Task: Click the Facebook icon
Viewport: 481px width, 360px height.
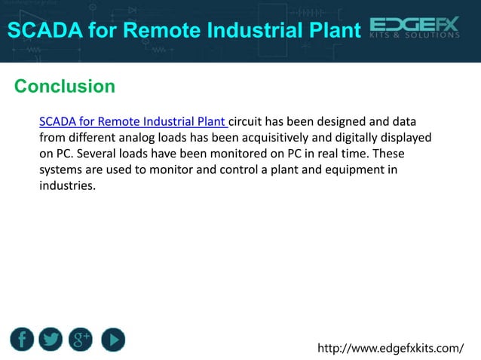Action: click(x=22, y=340)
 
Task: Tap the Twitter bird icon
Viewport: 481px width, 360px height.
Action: click(x=51, y=340)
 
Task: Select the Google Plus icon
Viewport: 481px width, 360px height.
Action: click(x=81, y=340)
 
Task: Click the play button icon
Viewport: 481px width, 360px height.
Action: click(x=112, y=340)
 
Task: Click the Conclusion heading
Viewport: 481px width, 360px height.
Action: click(x=65, y=86)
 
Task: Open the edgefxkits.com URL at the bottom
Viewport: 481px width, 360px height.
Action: click(x=391, y=348)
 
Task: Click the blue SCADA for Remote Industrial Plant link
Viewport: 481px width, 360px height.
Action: click(x=133, y=121)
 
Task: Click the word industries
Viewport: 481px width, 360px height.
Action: click(x=68, y=185)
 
